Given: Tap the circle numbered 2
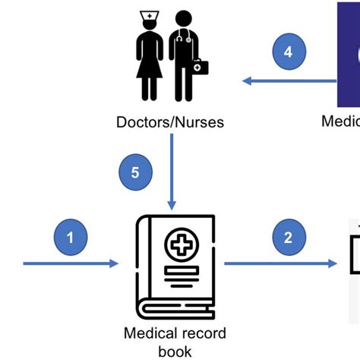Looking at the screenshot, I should pyautogui.click(x=288, y=237).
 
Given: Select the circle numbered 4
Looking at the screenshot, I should pyautogui.click(x=288, y=52).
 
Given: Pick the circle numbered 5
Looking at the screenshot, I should pyautogui.click(x=135, y=172).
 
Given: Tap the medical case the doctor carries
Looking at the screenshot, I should pyautogui.click(x=199, y=67).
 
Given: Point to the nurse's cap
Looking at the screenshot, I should pyautogui.click(x=150, y=16).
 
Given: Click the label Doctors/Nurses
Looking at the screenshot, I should pyautogui.click(x=170, y=122).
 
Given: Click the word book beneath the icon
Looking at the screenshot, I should pyautogui.click(x=175, y=351).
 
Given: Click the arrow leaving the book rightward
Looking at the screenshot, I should pyautogui.click(x=281, y=264).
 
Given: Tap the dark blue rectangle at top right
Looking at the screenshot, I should pyautogui.click(x=349, y=53).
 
